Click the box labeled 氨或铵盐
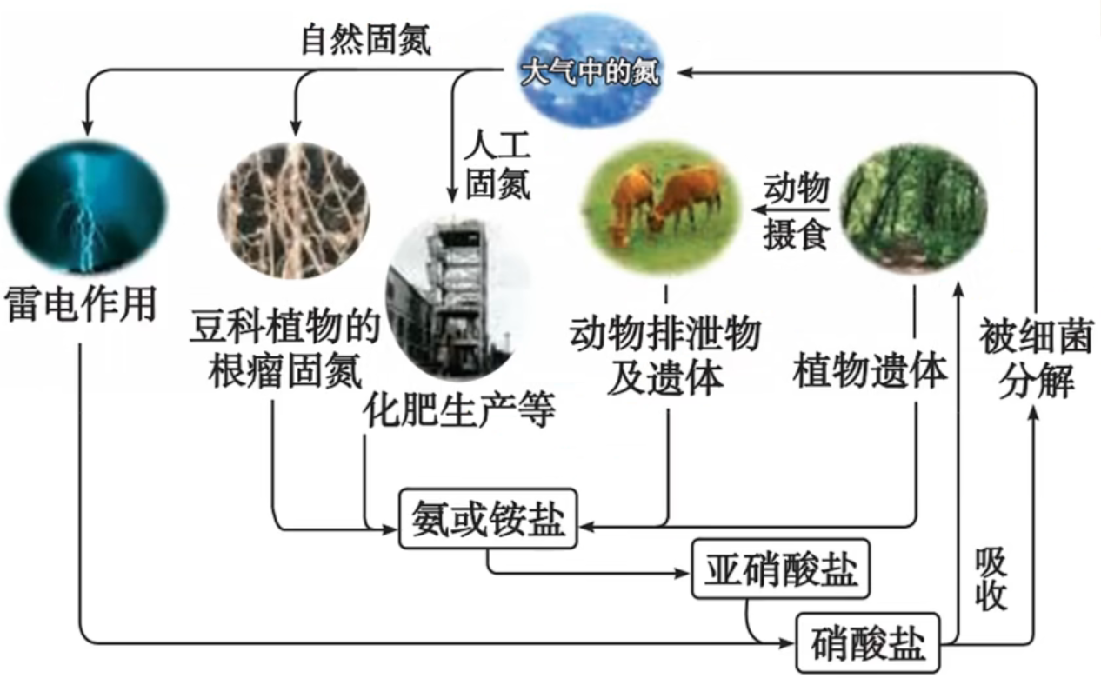pyautogui.click(x=488, y=518)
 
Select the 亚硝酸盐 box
pyautogui.click(x=781, y=569)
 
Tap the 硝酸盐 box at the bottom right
pyautogui.click(x=868, y=642)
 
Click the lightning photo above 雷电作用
pyautogui.click(x=86, y=206)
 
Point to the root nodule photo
pyautogui.click(x=294, y=210)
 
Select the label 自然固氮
pyautogui.click(x=365, y=39)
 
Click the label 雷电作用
pyautogui.click(x=81, y=303)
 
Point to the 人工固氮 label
pyautogui.click(x=497, y=165)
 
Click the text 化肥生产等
pyautogui.click(x=459, y=411)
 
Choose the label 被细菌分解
pyautogui.click(x=1036, y=358)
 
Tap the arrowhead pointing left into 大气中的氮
pyautogui.click(x=685, y=73)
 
